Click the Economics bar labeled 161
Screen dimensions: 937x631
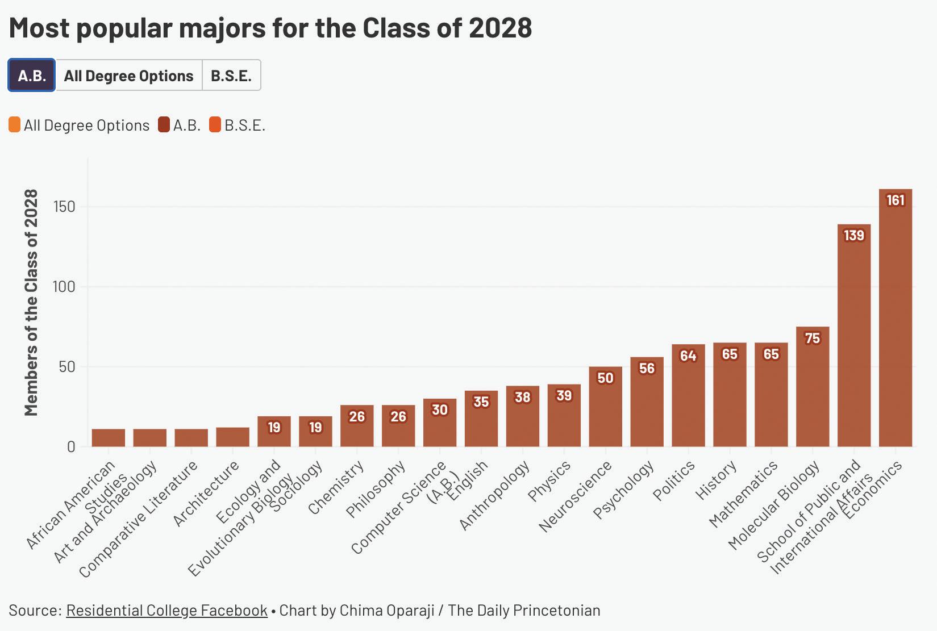[895, 318]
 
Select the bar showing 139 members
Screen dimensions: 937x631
[854, 335]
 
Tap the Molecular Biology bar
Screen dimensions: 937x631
[813, 386]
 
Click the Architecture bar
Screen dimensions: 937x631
[232, 437]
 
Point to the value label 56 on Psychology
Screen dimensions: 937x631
[647, 368]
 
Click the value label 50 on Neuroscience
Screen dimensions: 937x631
[605, 378]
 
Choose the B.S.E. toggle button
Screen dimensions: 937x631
[231, 76]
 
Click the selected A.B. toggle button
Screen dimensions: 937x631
[32, 76]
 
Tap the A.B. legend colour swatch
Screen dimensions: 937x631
[164, 125]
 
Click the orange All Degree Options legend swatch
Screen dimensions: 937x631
[14, 125]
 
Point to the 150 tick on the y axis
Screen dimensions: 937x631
[64, 207]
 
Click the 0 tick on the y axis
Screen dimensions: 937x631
[71, 446]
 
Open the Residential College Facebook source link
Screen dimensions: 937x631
[167, 610]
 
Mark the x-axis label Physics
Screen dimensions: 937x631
[549, 481]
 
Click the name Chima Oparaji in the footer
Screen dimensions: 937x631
[387, 610]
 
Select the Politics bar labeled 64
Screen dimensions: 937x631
[688, 395]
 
